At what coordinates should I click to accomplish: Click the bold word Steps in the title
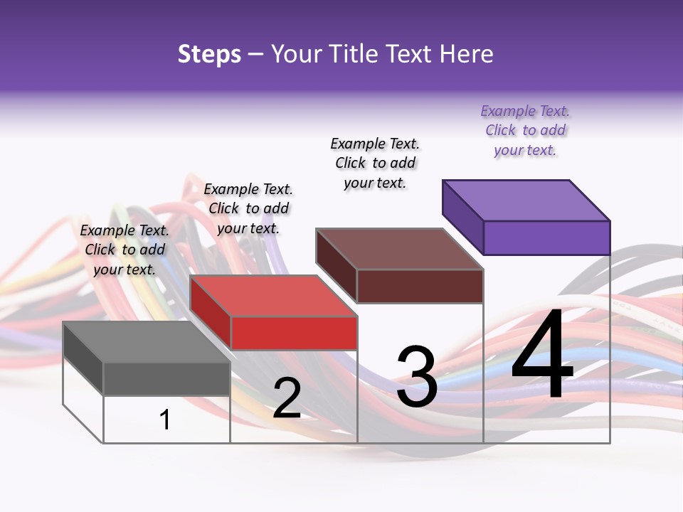209,54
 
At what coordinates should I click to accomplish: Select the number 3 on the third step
416,378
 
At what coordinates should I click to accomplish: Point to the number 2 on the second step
287,398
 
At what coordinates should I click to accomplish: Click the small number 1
164,420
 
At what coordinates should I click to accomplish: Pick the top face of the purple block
526,200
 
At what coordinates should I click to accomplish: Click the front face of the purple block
546,238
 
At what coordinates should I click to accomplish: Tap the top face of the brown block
400,249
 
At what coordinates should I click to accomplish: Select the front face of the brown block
420,286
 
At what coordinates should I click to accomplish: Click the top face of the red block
274,296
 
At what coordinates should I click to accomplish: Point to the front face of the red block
294,333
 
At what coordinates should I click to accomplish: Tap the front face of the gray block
166,378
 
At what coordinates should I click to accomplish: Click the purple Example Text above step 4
525,130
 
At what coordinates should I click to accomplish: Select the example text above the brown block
375,163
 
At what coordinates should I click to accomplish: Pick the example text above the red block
248,208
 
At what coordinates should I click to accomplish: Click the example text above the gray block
125,250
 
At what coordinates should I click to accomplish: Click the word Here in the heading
467,54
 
